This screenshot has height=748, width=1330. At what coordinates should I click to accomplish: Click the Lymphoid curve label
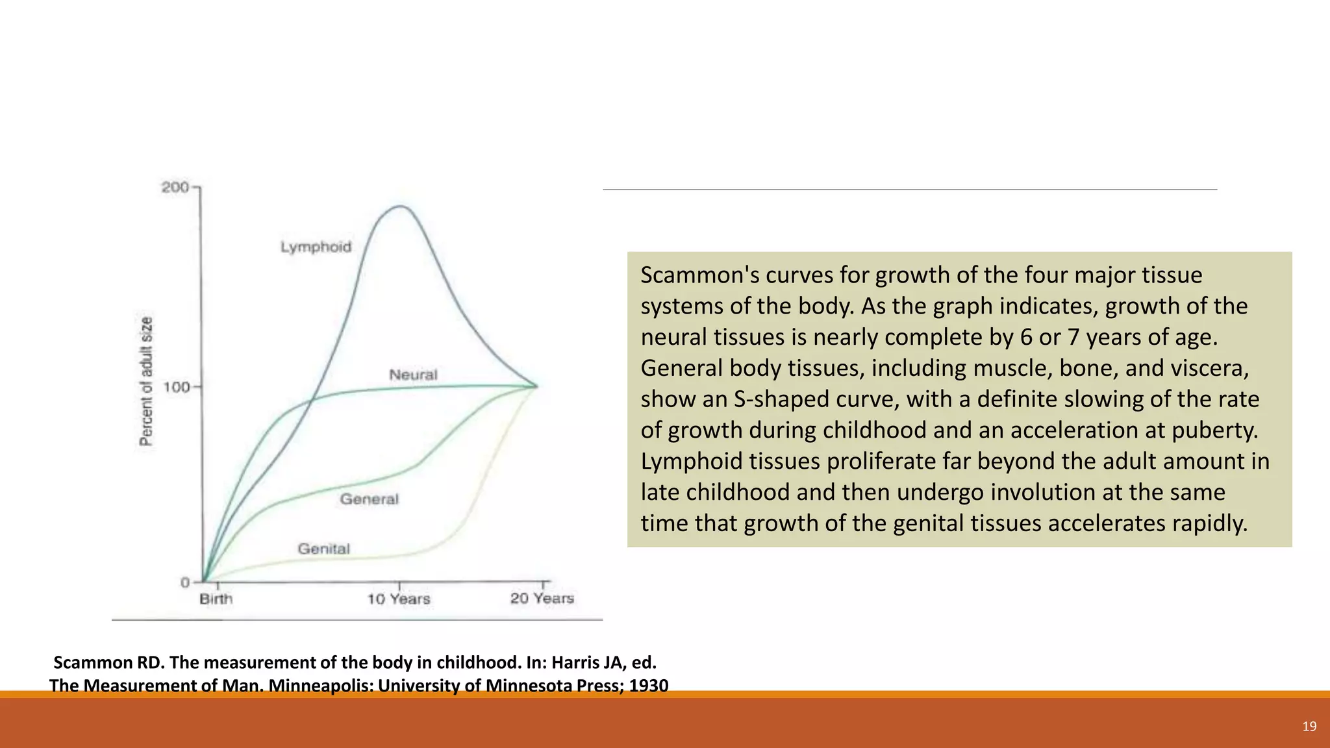(316, 247)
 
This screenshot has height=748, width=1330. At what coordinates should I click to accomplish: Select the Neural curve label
(413, 375)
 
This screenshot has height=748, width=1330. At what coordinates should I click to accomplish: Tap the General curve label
(369, 499)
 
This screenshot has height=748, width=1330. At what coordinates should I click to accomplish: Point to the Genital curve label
(323, 549)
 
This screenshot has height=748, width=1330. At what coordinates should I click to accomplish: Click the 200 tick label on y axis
(175, 188)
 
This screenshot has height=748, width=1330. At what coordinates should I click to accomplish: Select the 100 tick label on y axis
(176, 388)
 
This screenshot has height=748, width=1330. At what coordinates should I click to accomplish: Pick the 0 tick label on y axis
(185, 582)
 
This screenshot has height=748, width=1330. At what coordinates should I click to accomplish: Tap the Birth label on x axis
(216, 599)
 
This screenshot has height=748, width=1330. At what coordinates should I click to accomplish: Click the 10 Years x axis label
(398, 599)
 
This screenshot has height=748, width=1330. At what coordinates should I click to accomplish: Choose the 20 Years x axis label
(542, 599)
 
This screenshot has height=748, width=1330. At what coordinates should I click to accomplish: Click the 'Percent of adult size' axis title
(147, 382)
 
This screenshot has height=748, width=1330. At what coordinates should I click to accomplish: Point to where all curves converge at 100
(536, 386)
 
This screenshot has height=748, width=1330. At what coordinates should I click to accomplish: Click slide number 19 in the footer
(1309, 727)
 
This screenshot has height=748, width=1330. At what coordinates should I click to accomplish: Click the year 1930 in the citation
(647, 686)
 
